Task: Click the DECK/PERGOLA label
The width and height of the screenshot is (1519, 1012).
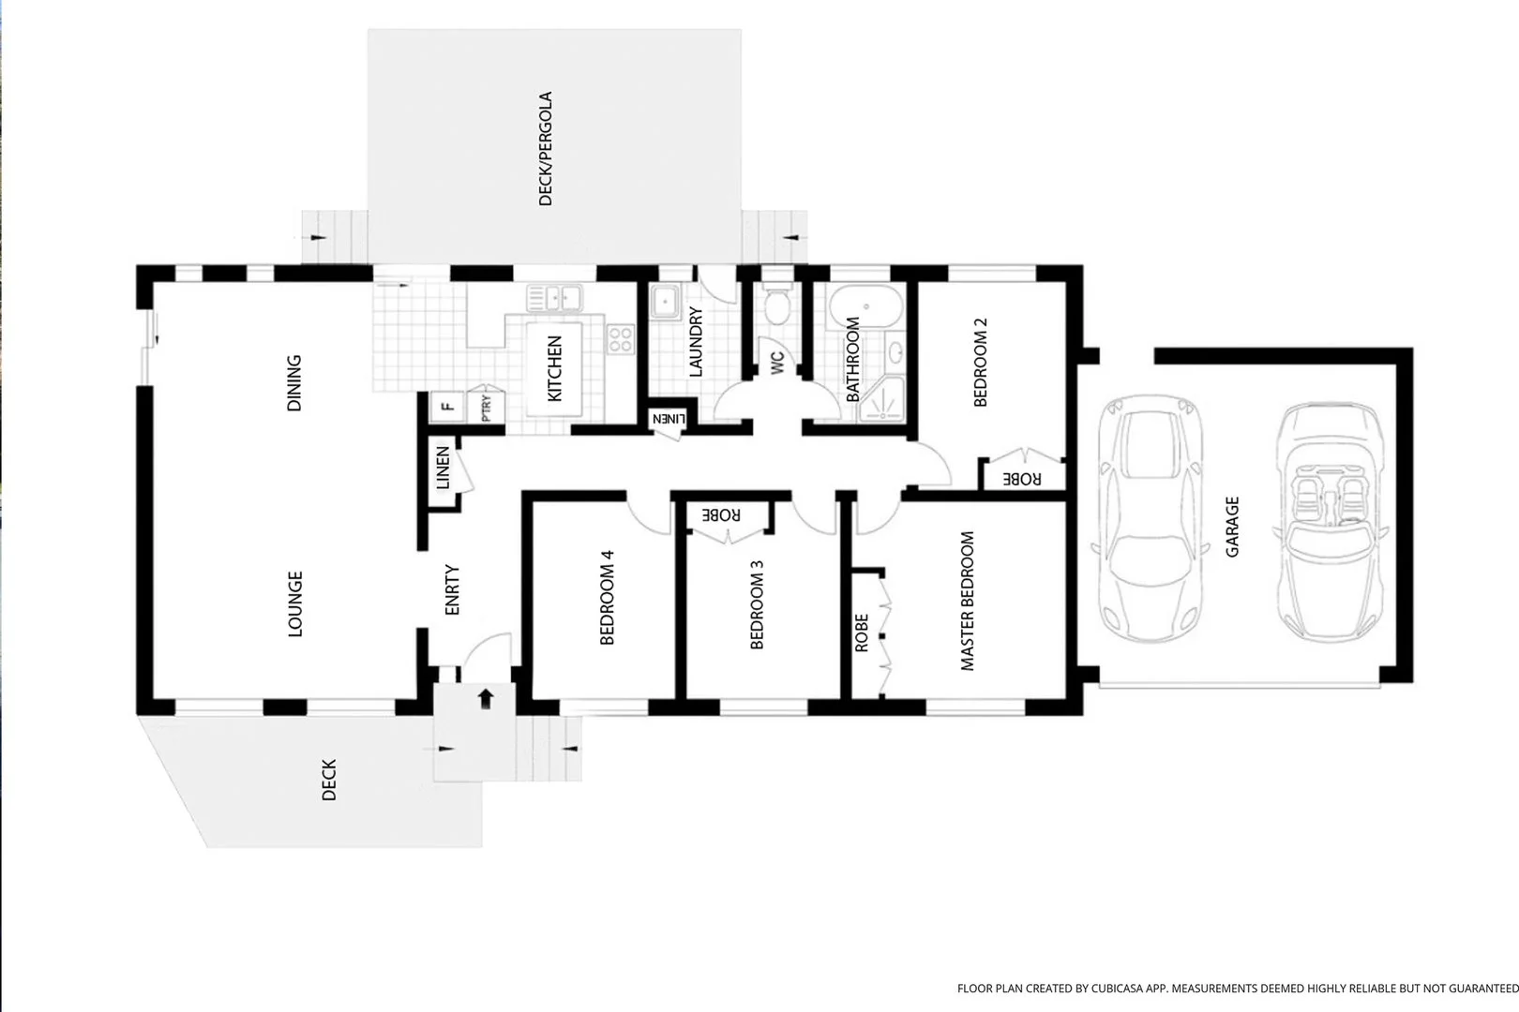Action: (545, 148)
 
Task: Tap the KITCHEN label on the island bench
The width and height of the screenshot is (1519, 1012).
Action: (554, 368)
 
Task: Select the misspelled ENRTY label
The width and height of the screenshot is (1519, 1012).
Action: (452, 589)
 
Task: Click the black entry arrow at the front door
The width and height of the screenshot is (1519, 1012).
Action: (486, 699)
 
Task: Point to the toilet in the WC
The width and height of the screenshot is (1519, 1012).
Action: (777, 307)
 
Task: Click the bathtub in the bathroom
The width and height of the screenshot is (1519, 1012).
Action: (866, 306)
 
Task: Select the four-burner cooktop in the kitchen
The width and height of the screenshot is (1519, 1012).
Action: (620, 339)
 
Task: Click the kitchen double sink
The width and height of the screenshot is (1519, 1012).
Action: (555, 298)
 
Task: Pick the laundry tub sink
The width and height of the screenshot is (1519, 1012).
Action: (665, 302)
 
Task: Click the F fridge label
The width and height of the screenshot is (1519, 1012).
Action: (447, 407)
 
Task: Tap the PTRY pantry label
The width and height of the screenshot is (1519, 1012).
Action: (487, 408)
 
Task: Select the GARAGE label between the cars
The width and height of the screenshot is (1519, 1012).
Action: (1232, 527)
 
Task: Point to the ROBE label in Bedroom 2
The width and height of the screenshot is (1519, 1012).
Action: (1022, 479)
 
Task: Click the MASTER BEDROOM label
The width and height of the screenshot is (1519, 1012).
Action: (967, 602)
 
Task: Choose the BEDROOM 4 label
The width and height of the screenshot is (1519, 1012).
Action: (607, 597)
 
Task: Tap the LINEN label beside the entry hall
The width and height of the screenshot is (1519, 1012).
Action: (443, 467)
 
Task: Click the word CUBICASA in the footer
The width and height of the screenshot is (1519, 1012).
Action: (1116, 989)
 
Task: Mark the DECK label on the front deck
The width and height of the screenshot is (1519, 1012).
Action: (329, 781)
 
